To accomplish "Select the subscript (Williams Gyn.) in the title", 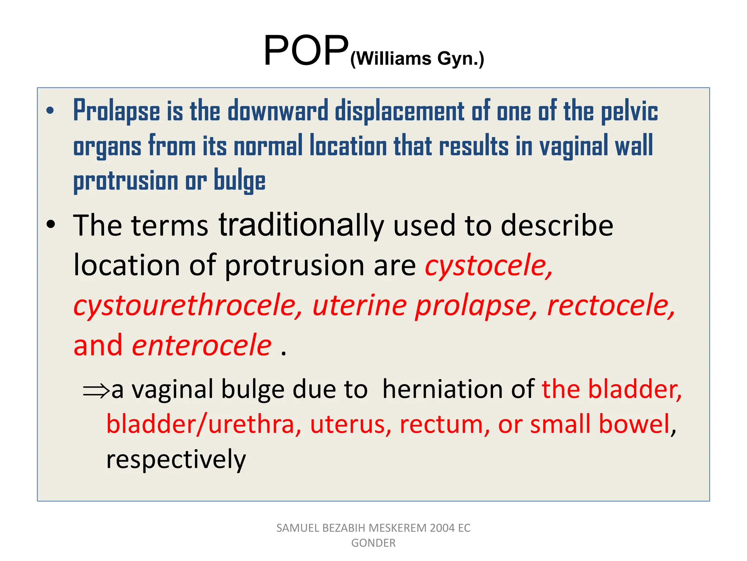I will [x=417, y=59].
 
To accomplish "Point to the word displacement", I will [x=399, y=111].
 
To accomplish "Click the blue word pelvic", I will [x=629, y=111].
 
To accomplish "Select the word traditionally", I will [x=301, y=226].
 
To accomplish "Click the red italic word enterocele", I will [x=202, y=345].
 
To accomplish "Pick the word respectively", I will [x=176, y=459].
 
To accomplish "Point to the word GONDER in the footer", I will [x=373, y=543].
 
